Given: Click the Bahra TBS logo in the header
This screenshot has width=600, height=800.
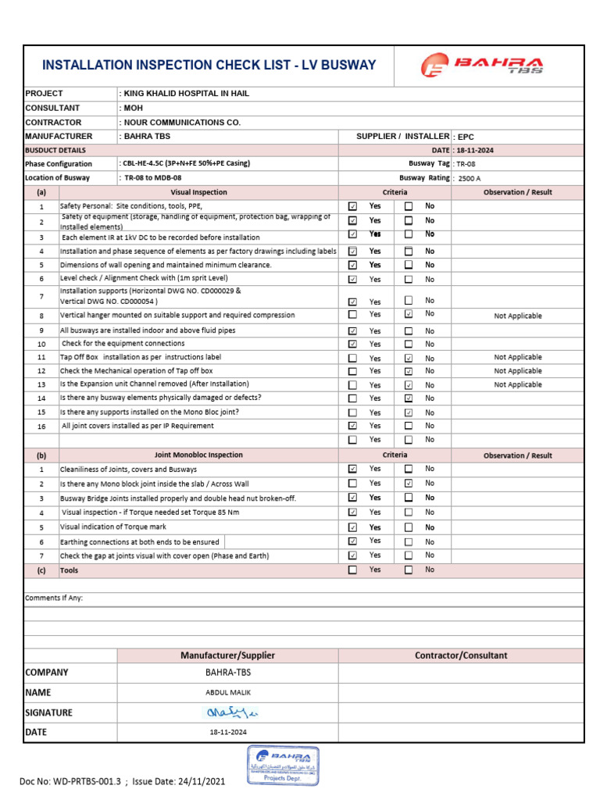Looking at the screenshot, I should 481,65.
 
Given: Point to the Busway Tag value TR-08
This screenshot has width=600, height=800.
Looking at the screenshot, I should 465,164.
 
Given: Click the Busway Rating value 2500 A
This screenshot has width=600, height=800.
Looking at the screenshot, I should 470,178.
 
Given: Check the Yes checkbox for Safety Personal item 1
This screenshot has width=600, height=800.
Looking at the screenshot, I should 352,206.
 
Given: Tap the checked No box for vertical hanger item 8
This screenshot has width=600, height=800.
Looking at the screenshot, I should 408,314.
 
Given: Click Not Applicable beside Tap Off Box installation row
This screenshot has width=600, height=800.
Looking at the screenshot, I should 517,357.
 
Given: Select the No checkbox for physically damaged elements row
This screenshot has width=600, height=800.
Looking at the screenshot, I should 408,398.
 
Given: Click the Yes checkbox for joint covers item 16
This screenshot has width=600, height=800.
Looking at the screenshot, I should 352,426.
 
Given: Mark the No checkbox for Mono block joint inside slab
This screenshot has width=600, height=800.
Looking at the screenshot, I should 408,484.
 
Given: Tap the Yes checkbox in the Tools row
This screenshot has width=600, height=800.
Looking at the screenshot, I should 352,570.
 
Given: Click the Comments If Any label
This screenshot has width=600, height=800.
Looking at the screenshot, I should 54,598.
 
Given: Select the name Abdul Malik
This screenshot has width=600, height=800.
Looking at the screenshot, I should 227,692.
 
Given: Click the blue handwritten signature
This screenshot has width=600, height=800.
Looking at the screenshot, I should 227,712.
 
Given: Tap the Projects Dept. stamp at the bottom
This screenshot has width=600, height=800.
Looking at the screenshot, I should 282,765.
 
